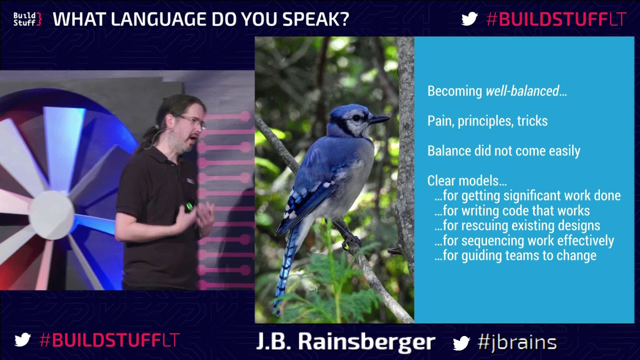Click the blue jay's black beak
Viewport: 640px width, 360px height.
click(x=378, y=119)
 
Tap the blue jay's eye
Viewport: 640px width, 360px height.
click(x=356, y=117)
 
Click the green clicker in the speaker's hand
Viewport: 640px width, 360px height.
click(x=189, y=205)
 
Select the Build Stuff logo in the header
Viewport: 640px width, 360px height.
click(x=27, y=19)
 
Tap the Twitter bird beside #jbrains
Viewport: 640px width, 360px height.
click(x=461, y=342)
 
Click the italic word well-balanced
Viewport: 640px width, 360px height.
click(x=522, y=91)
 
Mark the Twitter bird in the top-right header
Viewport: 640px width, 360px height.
click(x=469, y=19)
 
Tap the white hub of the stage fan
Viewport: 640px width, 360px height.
click(x=51, y=215)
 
